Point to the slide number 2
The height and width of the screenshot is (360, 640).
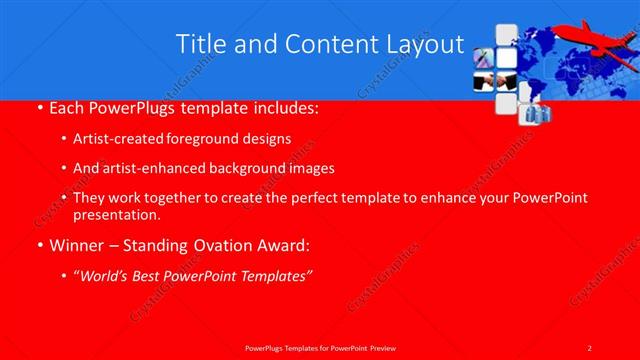coord(589,347)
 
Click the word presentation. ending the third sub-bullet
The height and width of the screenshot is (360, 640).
coord(116,214)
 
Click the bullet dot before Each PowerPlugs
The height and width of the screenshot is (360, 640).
coord(38,106)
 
